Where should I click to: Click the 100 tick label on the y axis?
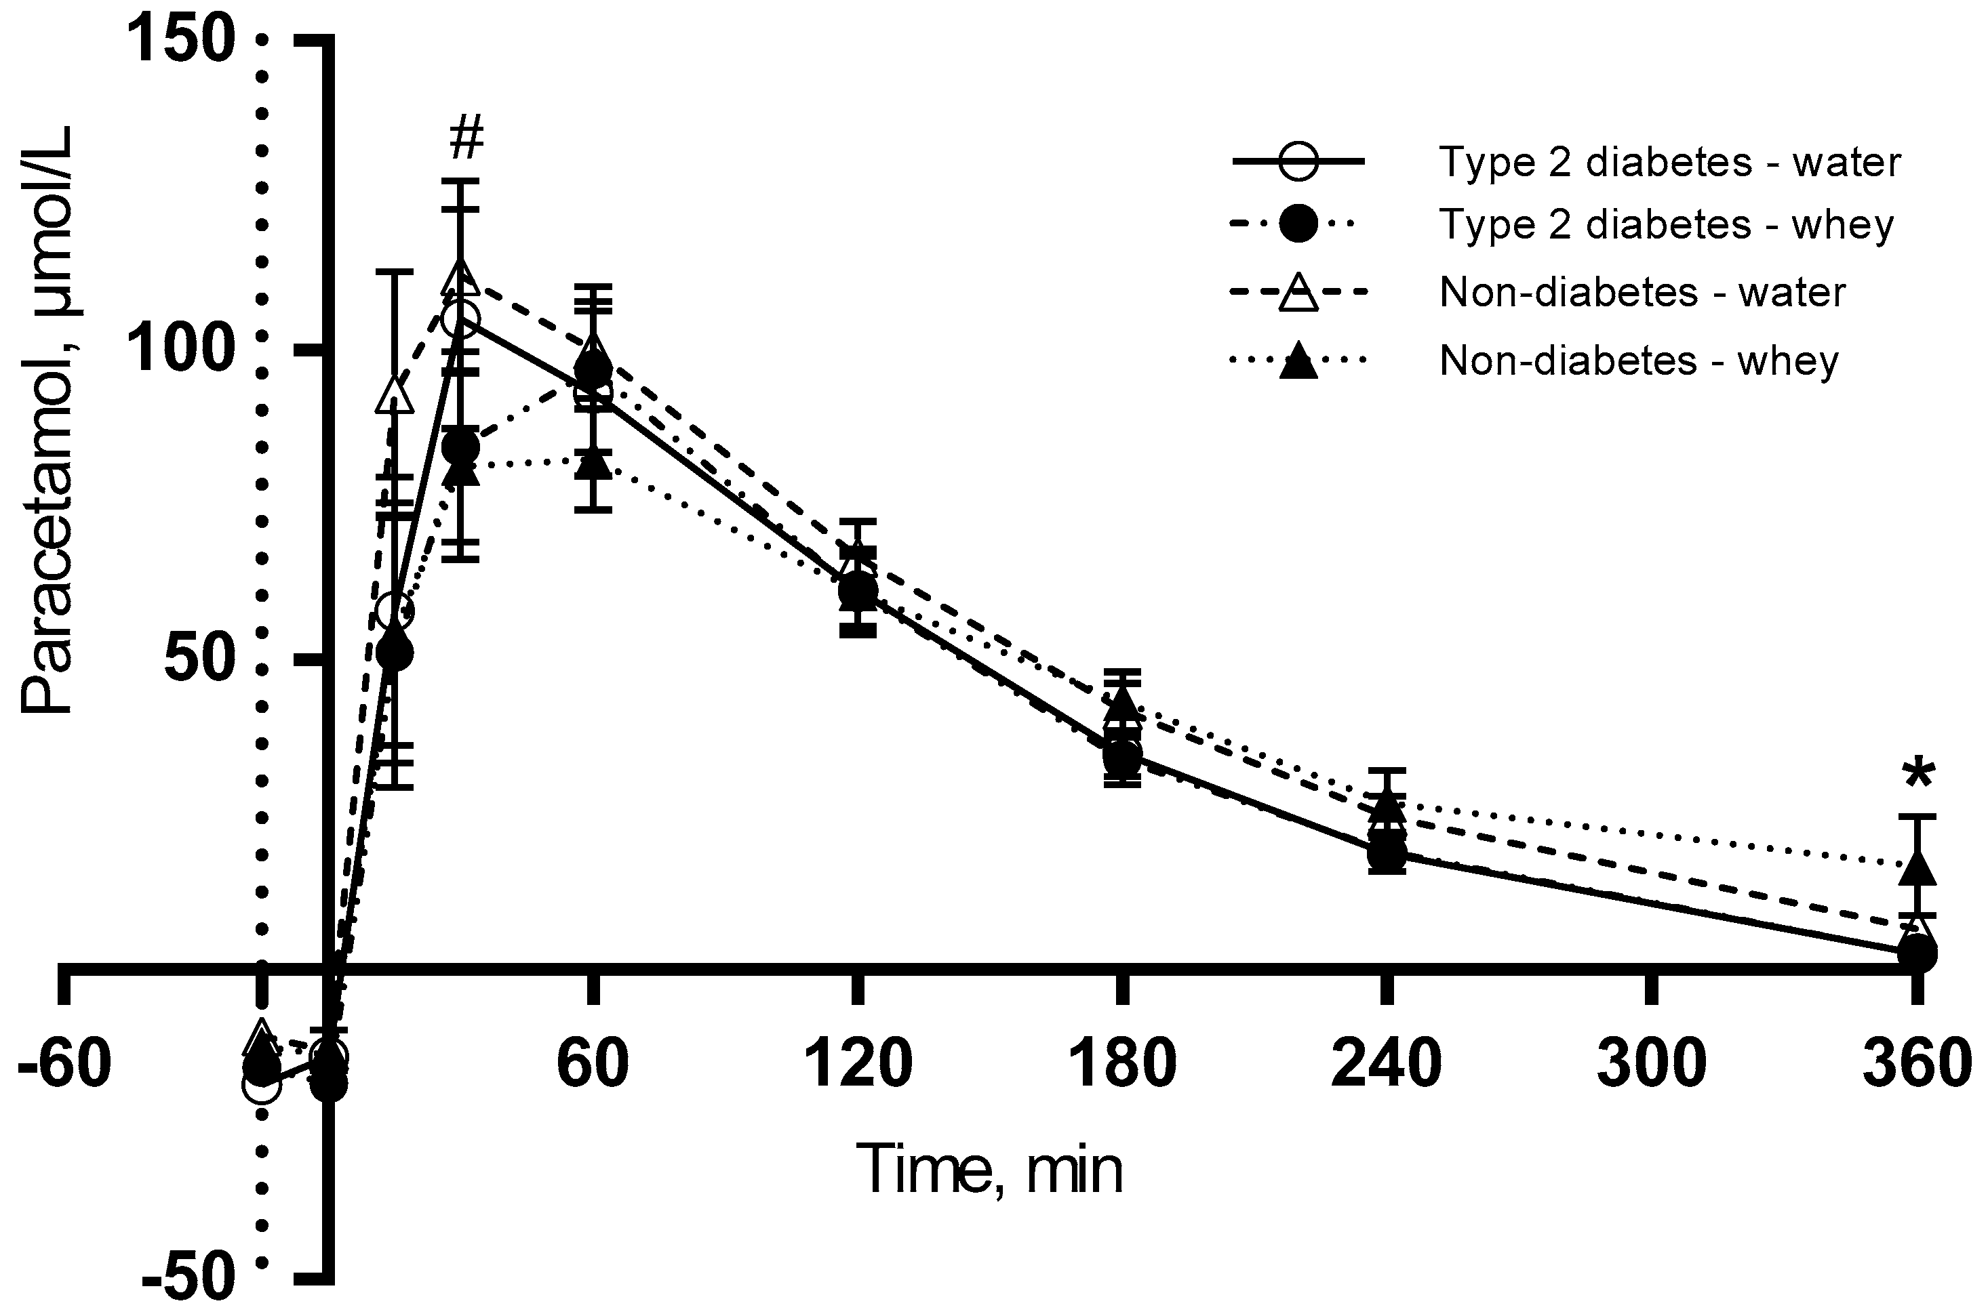tap(179, 351)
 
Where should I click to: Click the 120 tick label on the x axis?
tap(858, 1063)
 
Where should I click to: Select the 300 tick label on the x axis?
tap(1651, 1063)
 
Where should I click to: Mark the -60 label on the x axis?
tap(64, 1063)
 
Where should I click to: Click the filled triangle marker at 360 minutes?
tap(1917, 869)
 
